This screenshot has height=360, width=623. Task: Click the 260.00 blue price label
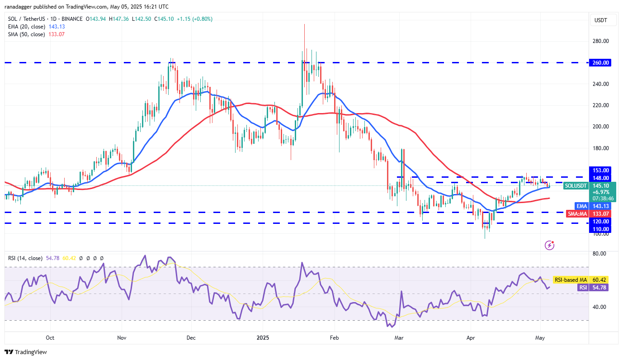pos(601,63)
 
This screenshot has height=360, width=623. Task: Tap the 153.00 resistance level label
pos(601,170)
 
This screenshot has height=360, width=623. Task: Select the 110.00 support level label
pos(601,229)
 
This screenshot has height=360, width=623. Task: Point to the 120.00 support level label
pos(601,222)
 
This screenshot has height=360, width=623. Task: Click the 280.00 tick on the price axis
pos(600,41)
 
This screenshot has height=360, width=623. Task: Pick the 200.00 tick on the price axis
pos(600,127)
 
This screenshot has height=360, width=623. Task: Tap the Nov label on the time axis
pos(121,337)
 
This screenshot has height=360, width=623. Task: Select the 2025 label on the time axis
pos(263,337)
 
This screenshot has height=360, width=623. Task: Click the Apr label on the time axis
pos(471,337)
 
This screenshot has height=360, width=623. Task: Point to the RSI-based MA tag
pos(570,280)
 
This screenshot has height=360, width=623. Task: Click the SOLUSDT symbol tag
pos(576,185)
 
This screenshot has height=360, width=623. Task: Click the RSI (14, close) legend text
pos(25,258)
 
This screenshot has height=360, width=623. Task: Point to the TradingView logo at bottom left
pos(26,352)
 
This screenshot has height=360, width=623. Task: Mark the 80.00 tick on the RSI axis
pos(599,254)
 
